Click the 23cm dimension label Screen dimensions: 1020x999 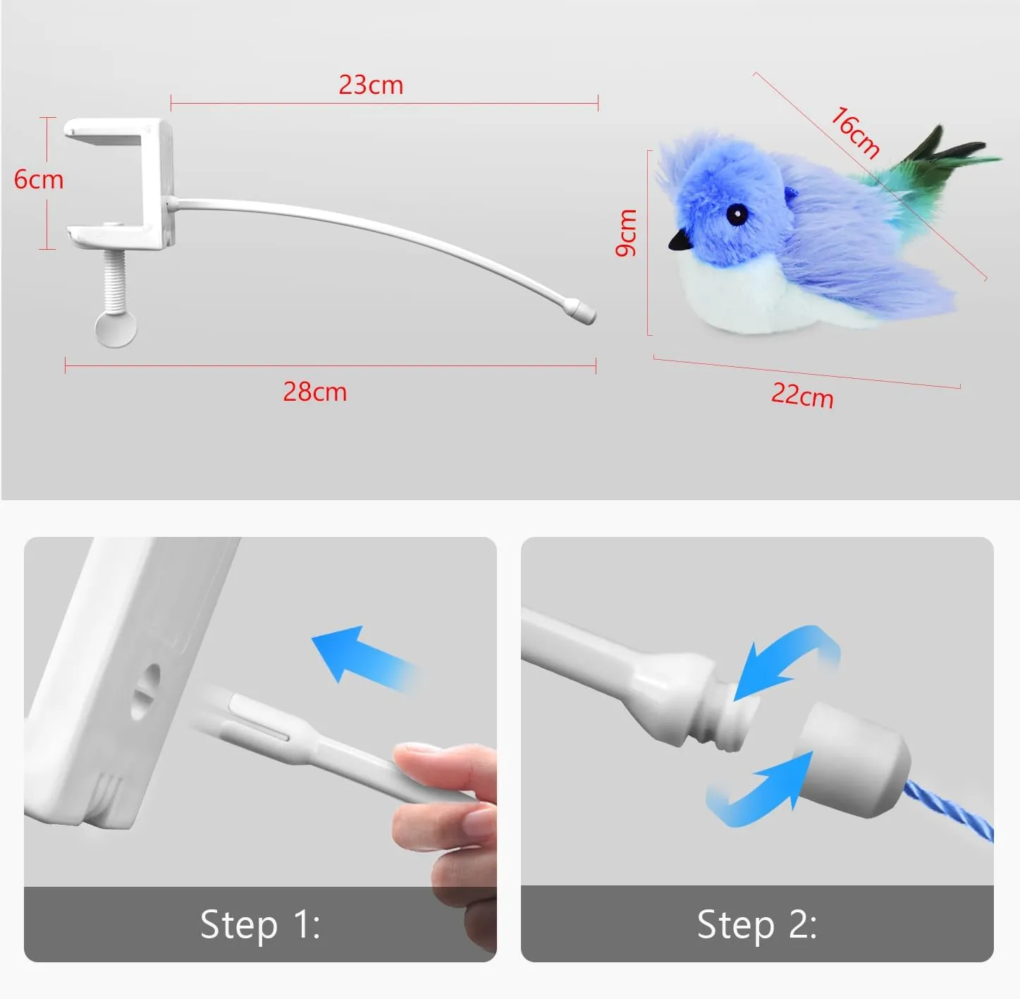coord(371,85)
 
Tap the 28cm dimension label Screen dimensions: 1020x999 coord(315,392)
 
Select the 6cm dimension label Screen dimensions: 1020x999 coord(39,179)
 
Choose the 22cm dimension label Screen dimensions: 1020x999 coord(802,395)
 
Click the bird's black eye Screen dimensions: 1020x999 coord(737,214)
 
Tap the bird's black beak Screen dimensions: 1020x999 coord(680,241)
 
